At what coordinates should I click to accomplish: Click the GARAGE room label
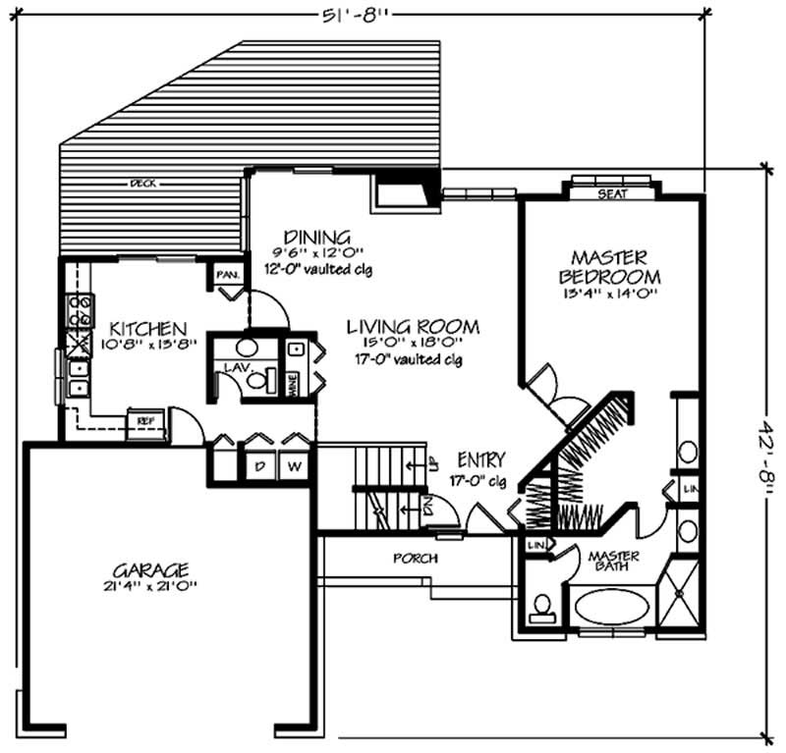(x=149, y=569)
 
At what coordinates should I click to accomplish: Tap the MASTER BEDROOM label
(x=609, y=262)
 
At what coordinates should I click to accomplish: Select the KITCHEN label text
(x=147, y=327)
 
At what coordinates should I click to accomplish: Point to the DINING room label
(x=316, y=237)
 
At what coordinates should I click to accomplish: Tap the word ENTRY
(x=481, y=459)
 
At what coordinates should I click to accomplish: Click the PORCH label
(x=415, y=558)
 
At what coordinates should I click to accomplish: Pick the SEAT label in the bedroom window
(x=612, y=193)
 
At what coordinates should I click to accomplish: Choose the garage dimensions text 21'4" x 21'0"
(x=149, y=587)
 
